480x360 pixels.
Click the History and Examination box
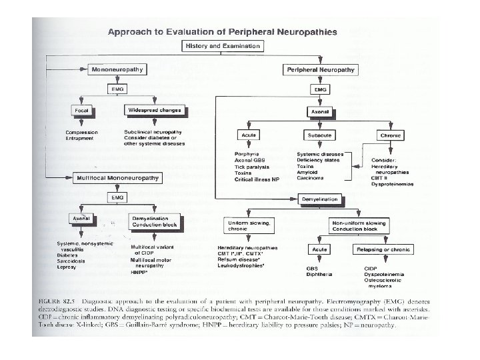pos(222,46)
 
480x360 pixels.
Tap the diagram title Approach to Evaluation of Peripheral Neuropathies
pos(223,31)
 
